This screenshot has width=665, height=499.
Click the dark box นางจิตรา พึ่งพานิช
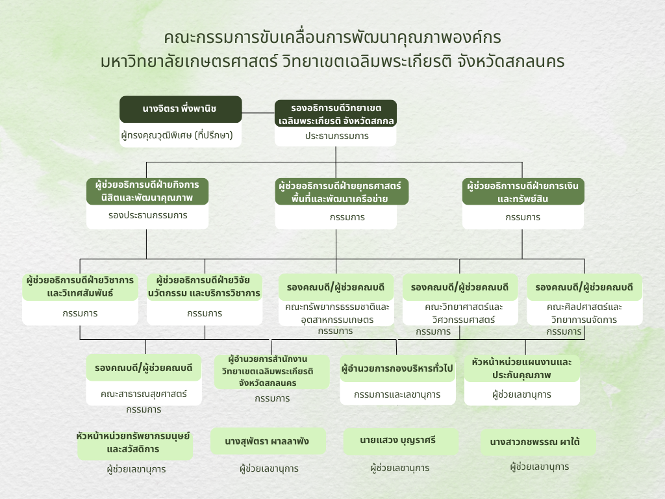coord(181,109)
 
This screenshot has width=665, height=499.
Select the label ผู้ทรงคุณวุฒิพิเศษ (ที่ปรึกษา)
coord(177,135)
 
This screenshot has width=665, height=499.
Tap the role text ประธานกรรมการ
coord(337,136)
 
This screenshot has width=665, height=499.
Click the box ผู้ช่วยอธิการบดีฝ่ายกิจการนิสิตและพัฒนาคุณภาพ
coord(147,192)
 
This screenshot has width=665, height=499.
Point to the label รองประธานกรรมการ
coord(147,215)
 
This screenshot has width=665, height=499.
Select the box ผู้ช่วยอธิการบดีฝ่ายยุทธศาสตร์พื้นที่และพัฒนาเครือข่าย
coord(342,192)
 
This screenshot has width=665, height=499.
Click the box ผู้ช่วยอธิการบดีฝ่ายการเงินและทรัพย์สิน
coord(523,192)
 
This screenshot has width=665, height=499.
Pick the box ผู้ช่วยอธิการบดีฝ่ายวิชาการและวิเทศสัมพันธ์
coord(80,287)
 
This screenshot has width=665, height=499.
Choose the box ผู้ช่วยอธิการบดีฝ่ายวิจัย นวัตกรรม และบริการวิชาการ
coord(205,287)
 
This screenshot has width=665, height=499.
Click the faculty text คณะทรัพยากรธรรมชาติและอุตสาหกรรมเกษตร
coord(337,313)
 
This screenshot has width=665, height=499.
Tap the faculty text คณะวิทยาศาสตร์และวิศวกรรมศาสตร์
coord(464,313)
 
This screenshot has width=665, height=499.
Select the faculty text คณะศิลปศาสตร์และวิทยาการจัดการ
coord(584,313)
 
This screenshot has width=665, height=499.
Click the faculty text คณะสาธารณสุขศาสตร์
coord(144,394)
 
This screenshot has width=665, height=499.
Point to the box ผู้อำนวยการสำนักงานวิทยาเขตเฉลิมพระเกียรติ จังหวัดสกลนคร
coord(272,371)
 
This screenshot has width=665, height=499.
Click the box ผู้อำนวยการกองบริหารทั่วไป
coord(397,368)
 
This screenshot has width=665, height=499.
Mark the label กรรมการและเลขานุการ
coord(397,394)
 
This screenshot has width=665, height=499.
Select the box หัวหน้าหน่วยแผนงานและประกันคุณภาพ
coord(521,368)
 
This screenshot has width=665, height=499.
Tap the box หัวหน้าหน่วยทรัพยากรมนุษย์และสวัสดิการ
coord(135,443)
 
